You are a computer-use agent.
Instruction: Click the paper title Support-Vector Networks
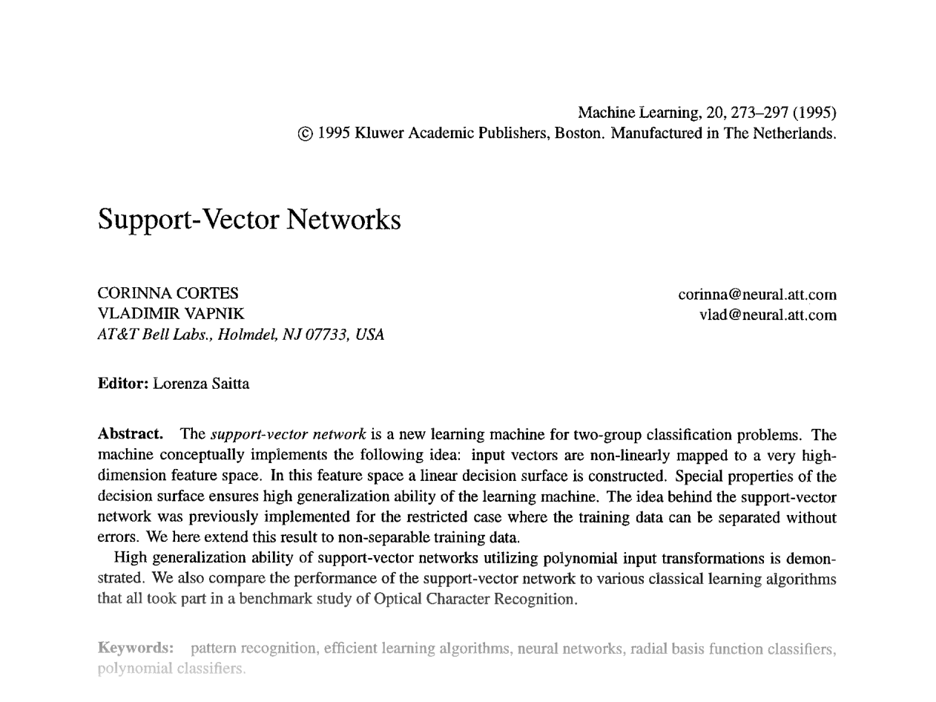249,220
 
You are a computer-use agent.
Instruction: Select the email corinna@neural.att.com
757,295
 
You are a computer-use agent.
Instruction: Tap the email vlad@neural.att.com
768,315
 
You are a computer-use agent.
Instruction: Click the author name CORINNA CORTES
168,294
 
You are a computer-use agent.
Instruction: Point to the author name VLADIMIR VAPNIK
171,314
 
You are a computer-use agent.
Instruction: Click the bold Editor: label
123,384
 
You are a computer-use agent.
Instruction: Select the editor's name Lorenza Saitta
201,384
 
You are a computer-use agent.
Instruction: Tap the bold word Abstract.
130,434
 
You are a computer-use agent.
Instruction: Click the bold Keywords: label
136,648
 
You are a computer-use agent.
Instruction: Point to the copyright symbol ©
305,134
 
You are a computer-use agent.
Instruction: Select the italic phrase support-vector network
288,434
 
